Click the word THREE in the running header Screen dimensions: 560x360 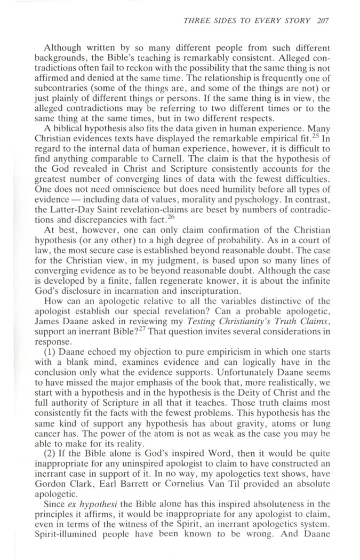(x=195, y=21)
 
